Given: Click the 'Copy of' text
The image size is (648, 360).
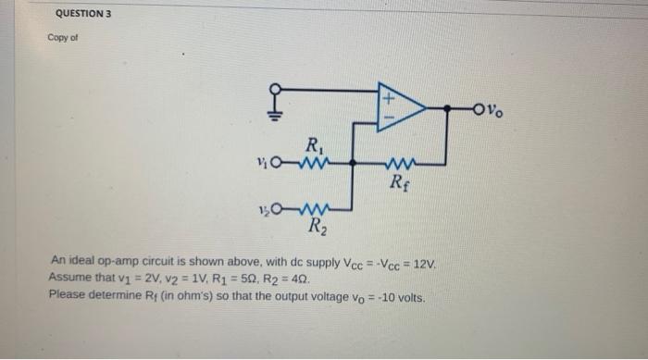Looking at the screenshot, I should coord(62,40).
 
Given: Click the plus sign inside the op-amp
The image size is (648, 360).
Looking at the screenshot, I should coord(391,96).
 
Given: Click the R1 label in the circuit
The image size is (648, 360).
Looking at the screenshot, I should coord(316,144).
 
